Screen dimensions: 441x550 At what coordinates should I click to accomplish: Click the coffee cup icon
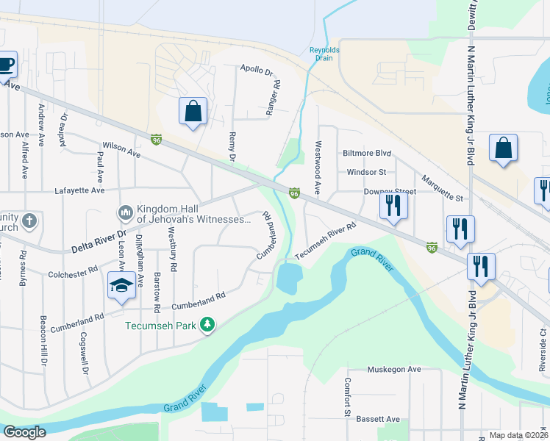tap(5, 64)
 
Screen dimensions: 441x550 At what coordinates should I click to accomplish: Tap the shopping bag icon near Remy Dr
tap(193, 112)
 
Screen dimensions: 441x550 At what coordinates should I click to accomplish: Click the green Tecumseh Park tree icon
tap(208, 324)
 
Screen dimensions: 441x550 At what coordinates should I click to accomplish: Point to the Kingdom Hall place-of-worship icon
tap(124, 213)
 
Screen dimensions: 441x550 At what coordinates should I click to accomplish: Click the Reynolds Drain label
tap(324, 54)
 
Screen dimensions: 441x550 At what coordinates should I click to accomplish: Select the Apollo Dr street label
tap(256, 71)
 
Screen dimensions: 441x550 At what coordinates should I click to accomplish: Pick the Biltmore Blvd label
tap(366, 154)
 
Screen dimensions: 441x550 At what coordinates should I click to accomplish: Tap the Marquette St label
tap(442, 188)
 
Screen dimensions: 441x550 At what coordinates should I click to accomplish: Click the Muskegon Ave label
tap(393, 369)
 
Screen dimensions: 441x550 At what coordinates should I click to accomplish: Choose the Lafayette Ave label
tap(80, 190)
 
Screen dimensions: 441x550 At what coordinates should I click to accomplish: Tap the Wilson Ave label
tap(121, 150)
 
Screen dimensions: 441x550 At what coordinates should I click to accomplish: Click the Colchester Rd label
tap(73, 270)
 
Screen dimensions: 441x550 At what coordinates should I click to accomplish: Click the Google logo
tap(24, 432)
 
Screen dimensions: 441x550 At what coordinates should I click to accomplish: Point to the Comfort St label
tap(346, 398)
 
